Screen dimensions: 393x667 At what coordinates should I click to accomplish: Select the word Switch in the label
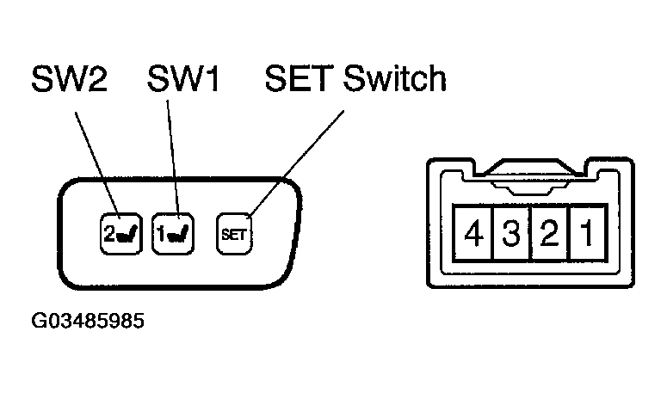394,80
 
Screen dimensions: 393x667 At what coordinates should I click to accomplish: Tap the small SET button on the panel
233,232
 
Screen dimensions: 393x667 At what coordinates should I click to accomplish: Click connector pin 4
472,233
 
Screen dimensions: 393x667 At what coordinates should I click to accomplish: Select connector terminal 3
510,233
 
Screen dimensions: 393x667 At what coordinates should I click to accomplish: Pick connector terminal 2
547,233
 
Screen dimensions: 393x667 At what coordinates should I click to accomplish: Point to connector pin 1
584,233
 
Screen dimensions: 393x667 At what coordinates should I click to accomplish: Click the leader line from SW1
175,155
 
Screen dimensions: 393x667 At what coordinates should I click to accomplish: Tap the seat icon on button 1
178,233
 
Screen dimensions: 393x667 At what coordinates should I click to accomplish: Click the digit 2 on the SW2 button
108,232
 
